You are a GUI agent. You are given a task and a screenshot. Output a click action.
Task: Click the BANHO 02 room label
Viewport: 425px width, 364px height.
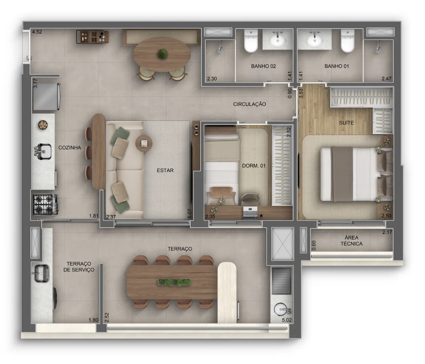[x=263, y=66]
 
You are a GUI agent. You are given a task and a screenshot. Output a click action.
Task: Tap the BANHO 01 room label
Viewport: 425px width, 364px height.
[x=336, y=66]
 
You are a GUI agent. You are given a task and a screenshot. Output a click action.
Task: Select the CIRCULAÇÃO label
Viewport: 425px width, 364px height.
[x=250, y=104]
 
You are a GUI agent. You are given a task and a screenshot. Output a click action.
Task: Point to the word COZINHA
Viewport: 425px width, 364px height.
[x=70, y=148]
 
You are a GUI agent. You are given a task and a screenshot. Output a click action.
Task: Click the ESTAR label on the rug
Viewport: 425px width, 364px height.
[x=165, y=171]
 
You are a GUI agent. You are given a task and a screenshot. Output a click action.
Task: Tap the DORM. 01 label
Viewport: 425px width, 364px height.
[x=254, y=165]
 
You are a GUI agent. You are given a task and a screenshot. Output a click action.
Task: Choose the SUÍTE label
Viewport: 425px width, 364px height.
[x=347, y=123]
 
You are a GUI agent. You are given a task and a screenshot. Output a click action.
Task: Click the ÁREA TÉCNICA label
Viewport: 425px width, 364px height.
[x=352, y=241]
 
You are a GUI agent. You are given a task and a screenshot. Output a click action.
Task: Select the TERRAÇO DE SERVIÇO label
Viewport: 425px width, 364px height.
[x=79, y=267]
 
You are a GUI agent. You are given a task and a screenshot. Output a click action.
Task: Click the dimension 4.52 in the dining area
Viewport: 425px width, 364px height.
[x=37, y=32]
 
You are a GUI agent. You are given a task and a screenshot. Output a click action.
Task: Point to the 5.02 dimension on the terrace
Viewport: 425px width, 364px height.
[x=287, y=320]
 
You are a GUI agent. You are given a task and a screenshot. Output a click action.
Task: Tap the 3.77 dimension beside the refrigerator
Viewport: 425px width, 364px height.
[x=35, y=83]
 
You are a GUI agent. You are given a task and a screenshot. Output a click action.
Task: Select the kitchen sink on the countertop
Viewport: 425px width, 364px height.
[x=43, y=152]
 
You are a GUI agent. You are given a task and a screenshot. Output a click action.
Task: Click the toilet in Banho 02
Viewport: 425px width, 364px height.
[x=251, y=40]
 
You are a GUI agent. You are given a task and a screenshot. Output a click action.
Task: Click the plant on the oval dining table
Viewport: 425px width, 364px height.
[x=163, y=54]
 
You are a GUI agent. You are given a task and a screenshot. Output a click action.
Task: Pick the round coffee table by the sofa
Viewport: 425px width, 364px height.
[x=144, y=144]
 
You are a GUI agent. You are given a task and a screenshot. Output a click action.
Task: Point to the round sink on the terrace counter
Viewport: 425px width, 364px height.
[x=281, y=309]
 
